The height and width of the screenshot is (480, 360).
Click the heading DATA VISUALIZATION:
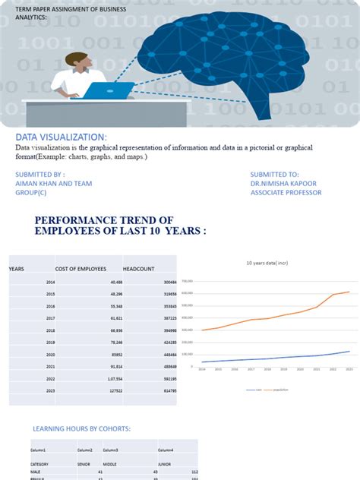click(x=67, y=135)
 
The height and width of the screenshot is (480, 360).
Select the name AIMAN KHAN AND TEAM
click(x=50, y=183)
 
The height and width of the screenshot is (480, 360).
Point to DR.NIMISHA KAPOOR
click(x=284, y=183)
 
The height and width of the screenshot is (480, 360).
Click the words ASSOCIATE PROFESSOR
click(x=286, y=192)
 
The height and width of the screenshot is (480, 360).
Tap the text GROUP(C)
click(x=31, y=192)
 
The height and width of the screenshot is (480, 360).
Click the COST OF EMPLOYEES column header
click(x=80, y=268)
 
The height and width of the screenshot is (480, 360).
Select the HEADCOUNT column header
click(x=138, y=268)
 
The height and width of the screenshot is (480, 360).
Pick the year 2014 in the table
click(x=50, y=282)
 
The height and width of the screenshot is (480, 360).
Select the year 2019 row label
click(x=50, y=343)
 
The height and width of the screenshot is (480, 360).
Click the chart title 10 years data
click(x=265, y=263)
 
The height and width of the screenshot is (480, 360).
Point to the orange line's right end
click(x=349, y=292)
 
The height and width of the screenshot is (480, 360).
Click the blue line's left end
click(x=202, y=362)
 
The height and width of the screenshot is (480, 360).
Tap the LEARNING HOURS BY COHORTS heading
click(x=81, y=429)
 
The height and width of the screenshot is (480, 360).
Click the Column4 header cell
click(x=166, y=450)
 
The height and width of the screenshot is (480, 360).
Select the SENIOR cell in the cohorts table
click(x=84, y=463)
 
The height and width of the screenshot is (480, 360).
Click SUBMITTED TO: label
click(x=274, y=174)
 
